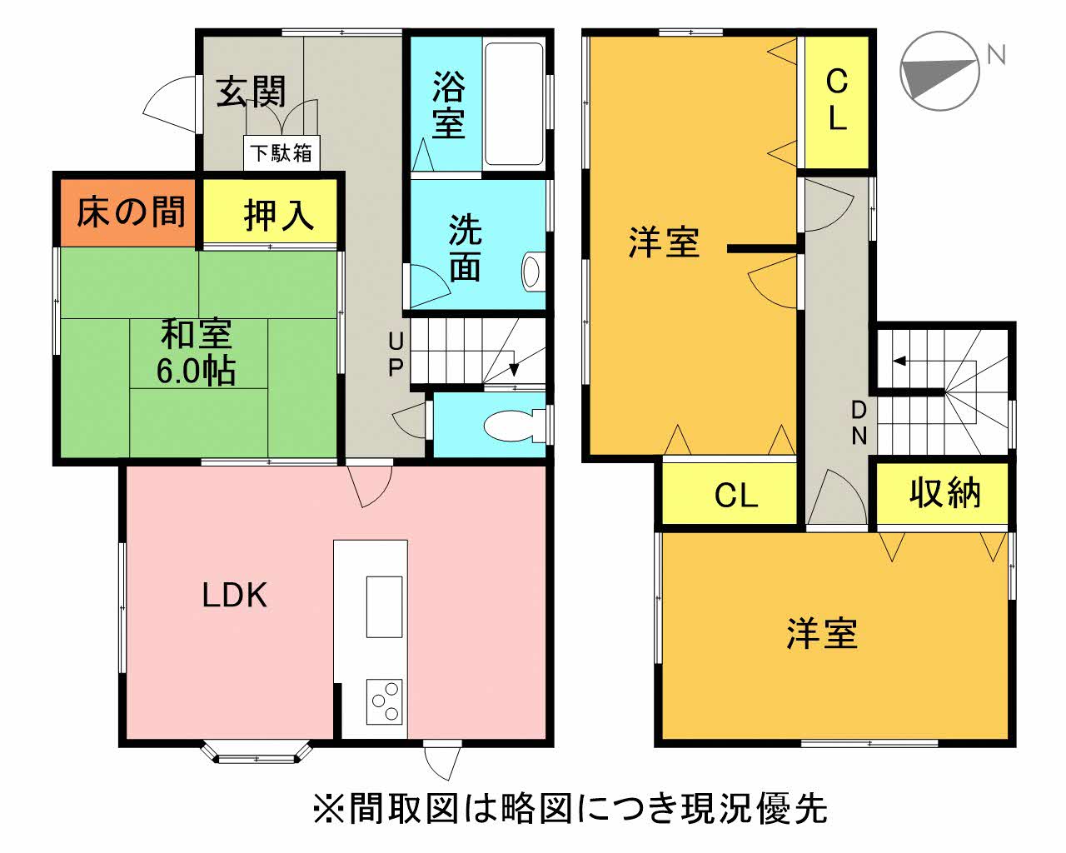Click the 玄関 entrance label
click(x=251, y=92)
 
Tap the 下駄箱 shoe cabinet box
click(x=281, y=153)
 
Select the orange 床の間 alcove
click(x=129, y=213)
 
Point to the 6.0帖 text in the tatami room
click(x=197, y=371)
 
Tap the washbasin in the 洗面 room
click(x=531, y=271)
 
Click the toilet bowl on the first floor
click(x=511, y=426)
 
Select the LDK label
click(x=235, y=596)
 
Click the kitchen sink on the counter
click(x=383, y=606)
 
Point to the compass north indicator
click(x=940, y=72)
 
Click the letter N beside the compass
click(x=995, y=55)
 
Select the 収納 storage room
click(x=944, y=494)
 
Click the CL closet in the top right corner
click(x=836, y=100)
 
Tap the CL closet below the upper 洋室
click(x=736, y=496)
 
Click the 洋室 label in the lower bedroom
click(x=821, y=634)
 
